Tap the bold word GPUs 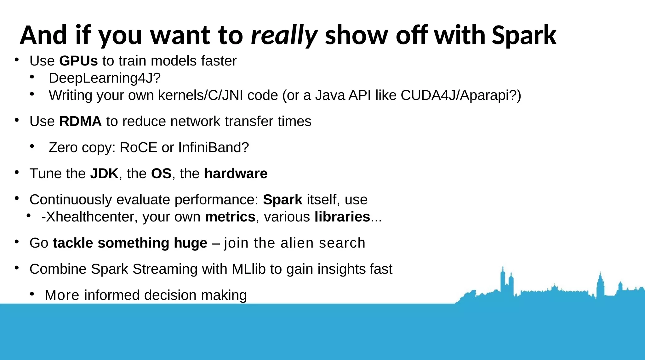[x=78, y=61]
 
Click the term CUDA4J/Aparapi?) [x=461, y=95]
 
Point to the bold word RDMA [x=80, y=121]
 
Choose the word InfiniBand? [x=214, y=147]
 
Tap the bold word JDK [x=104, y=174]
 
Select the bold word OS [x=161, y=174]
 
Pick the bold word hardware [x=236, y=174]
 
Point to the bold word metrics [x=230, y=217]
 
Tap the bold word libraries [x=342, y=217]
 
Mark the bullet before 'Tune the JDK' [x=17, y=172]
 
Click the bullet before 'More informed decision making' [x=32, y=294]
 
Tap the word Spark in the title [x=524, y=35]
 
